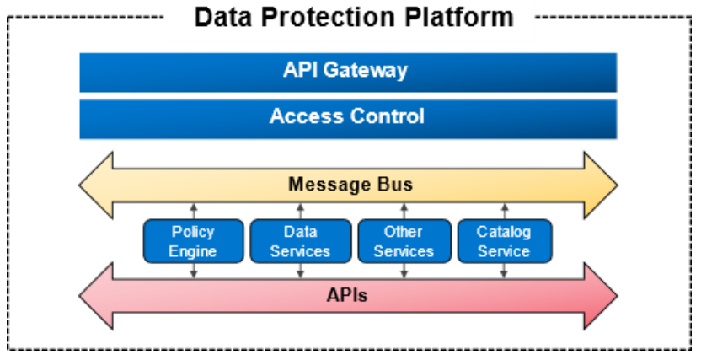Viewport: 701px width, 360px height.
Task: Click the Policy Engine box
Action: click(x=193, y=241)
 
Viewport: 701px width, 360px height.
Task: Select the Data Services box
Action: click(x=301, y=241)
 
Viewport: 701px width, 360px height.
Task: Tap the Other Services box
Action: click(x=404, y=241)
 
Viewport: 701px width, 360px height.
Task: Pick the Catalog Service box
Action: click(x=505, y=241)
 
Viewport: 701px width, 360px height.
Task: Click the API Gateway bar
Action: click(x=348, y=73)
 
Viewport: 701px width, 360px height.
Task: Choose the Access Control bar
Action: click(x=348, y=119)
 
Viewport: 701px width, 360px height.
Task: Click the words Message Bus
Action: click(x=350, y=185)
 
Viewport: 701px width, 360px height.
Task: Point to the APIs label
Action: click(x=347, y=295)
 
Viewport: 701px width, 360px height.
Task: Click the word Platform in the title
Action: click(x=458, y=17)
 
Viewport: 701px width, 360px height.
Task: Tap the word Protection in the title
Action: click(x=328, y=18)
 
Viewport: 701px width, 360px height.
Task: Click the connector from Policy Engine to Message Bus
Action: click(x=194, y=211)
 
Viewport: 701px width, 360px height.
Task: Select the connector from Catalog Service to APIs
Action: click(x=505, y=271)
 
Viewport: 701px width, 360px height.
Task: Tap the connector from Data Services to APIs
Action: click(x=301, y=271)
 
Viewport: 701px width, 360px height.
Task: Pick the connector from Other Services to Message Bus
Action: click(x=404, y=211)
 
